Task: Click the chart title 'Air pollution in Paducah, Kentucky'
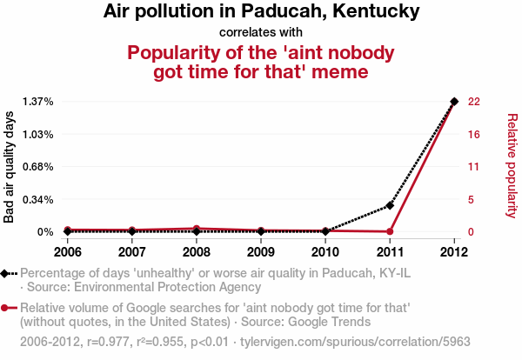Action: pyautogui.click(x=261, y=12)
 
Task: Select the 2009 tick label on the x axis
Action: pyautogui.click(x=261, y=252)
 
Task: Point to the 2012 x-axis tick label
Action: pyautogui.click(x=454, y=252)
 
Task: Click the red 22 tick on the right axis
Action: pyautogui.click(x=474, y=102)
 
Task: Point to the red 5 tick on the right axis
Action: pyautogui.click(x=472, y=200)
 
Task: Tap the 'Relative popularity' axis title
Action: pyautogui.click(x=512, y=165)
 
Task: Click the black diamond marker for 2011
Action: pyautogui.click(x=390, y=205)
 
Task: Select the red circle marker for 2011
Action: pyautogui.click(x=390, y=231)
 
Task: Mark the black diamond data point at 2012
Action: pyautogui.click(x=454, y=102)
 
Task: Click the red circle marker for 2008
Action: pyautogui.click(x=197, y=229)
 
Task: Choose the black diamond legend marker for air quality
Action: pyautogui.click(x=6, y=274)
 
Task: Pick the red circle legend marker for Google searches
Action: pyautogui.click(x=6, y=308)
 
